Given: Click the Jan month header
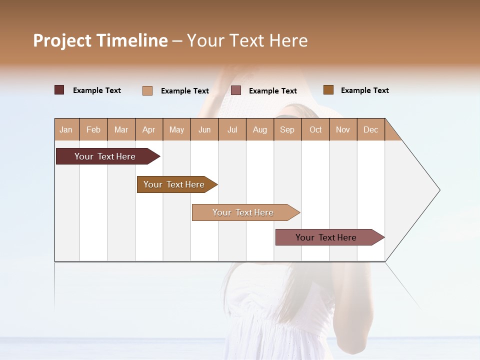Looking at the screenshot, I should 66,129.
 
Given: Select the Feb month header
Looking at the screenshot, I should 93,129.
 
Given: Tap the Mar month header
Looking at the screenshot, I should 121,129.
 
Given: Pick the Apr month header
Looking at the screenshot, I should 148,129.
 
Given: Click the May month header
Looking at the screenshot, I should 176,129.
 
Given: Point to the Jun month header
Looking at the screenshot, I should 204,129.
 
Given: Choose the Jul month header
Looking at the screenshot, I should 232,129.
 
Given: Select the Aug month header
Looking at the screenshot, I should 260,129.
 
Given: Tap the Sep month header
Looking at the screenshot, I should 287,129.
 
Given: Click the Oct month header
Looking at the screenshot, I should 315,129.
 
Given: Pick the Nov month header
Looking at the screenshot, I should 343,129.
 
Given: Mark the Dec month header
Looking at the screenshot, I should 371,129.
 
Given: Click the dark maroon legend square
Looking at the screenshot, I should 59,90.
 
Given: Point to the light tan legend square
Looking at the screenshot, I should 147,90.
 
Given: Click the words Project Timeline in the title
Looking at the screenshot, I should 100,40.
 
